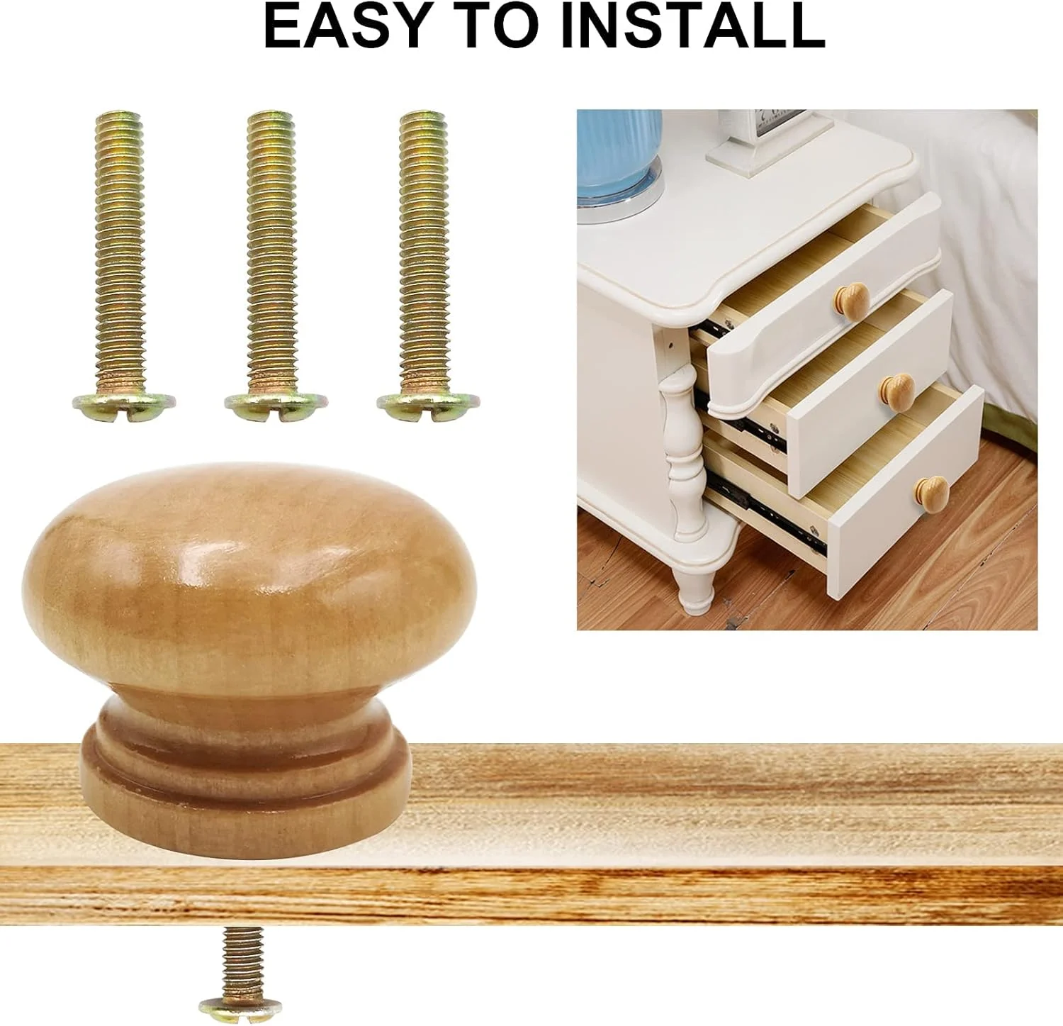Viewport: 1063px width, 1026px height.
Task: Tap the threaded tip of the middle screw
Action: [270, 121]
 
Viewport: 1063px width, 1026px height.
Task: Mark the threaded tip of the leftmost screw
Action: [118, 121]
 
